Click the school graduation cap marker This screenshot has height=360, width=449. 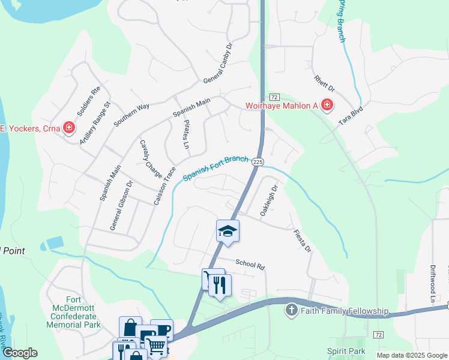[228, 230]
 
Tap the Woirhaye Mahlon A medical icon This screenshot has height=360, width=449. [327, 106]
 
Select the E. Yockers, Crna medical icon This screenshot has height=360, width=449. [69, 127]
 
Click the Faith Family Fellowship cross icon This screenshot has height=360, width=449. [291, 310]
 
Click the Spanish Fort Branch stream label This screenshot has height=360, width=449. [215, 168]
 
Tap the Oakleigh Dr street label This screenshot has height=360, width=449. [269, 200]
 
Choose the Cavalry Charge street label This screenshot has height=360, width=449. [151, 158]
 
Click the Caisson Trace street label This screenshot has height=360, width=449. [164, 186]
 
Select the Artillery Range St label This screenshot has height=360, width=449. [95, 122]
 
